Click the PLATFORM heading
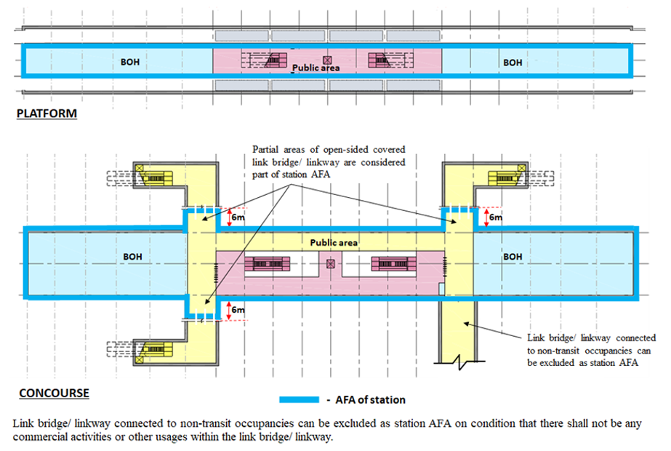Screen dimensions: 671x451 (47, 113)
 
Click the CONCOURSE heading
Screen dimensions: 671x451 (54, 393)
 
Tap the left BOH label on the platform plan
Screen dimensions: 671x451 (130, 62)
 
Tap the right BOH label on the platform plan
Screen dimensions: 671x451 (513, 63)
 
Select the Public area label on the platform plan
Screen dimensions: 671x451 (316, 68)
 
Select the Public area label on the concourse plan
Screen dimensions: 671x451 (334, 242)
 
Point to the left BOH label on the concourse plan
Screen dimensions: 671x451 (132, 257)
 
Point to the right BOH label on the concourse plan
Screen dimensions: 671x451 (513, 257)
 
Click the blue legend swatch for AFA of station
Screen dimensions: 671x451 (299, 399)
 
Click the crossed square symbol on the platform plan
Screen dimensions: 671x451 (327, 60)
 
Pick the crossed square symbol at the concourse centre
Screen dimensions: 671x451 (330, 264)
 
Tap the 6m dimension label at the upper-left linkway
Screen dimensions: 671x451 (238, 217)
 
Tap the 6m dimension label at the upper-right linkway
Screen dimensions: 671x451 (496, 217)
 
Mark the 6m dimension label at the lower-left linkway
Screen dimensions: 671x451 (238, 310)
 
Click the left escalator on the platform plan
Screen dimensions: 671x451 (276, 60)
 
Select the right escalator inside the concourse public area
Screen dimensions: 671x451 (394, 264)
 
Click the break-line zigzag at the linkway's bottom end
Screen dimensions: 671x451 (459, 362)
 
